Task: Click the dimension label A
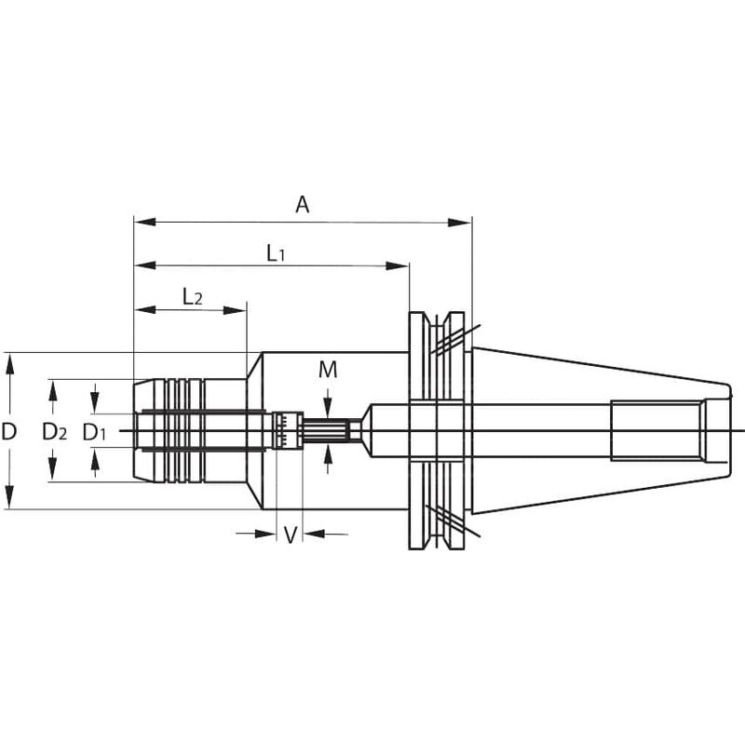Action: coord(302,205)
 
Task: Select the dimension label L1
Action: coord(275,252)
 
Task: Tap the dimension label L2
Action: coord(192,297)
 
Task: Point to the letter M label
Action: coord(328,370)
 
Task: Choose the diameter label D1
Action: coord(95,431)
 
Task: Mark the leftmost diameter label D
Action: coord(9,431)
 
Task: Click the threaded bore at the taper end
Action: coord(657,429)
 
